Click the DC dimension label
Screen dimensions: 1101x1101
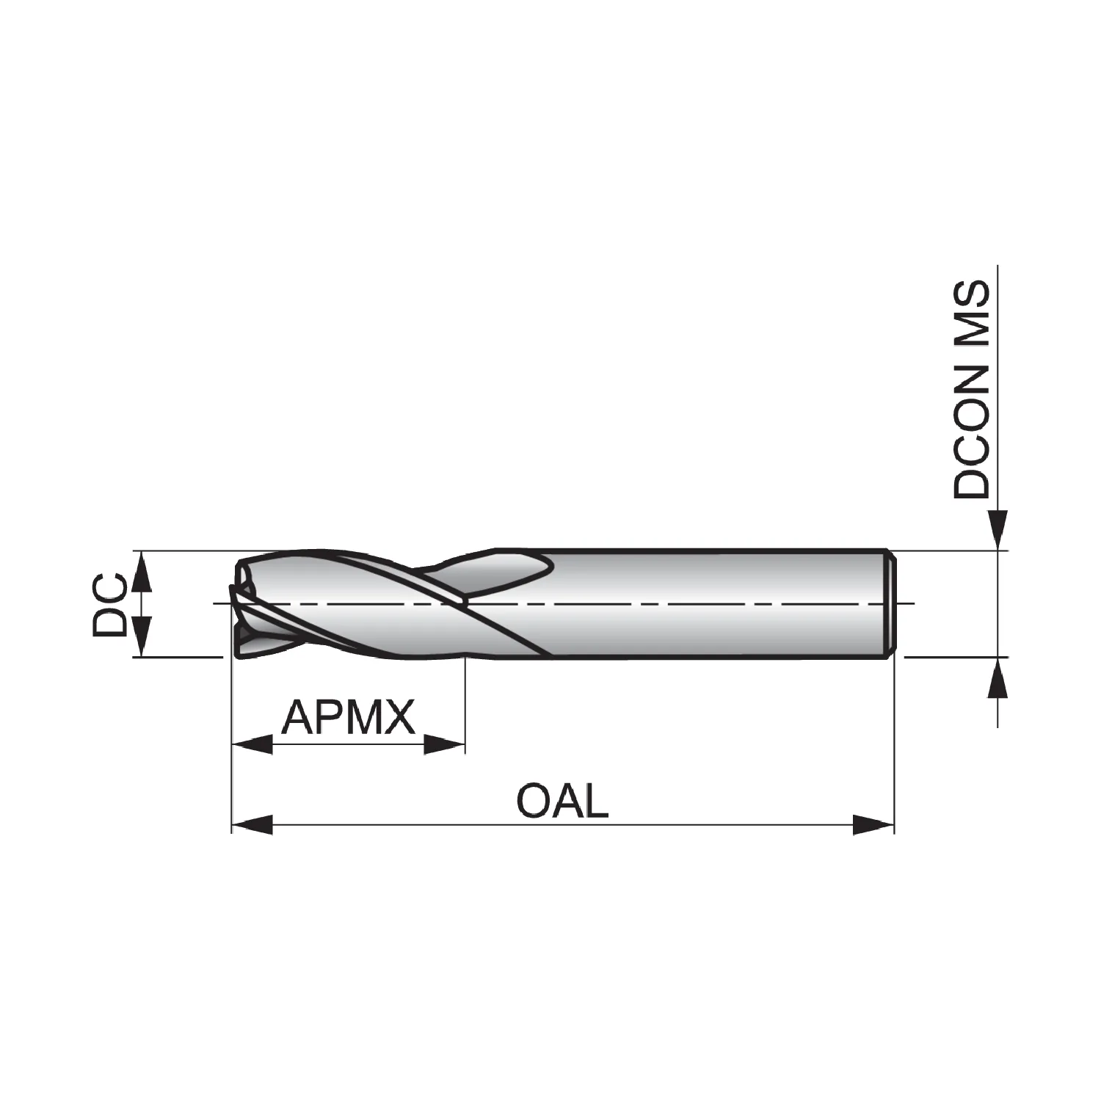[110, 603]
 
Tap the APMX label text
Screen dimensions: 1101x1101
[349, 718]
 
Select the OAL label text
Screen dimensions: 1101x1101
[563, 801]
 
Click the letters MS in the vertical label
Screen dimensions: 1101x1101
[972, 313]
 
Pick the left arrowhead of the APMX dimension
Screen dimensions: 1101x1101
[252, 744]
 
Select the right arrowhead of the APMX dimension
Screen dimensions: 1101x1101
[445, 744]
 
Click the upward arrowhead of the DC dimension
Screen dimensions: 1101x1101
[142, 571]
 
